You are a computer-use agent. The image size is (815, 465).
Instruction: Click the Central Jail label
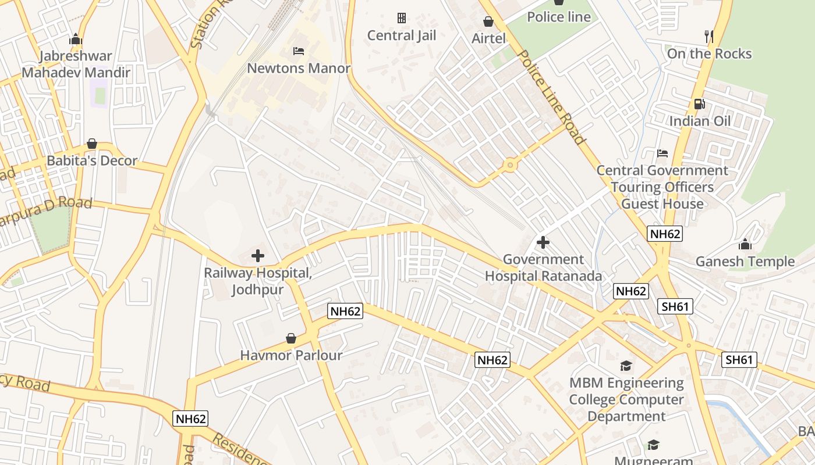pyautogui.click(x=401, y=35)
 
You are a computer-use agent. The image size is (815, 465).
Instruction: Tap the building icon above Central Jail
pyautogui.click(x=401, y=18)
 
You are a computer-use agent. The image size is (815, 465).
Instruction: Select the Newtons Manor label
pyautogui.click(x=299, y=68)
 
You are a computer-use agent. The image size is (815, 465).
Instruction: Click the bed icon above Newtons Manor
pyautogui.click(x=299, y=51)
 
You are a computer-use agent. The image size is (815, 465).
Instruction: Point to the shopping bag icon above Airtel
pyautogui.click(x=488, y=22)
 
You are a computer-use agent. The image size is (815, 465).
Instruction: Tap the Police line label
pyautogui.click(x=558, y=17)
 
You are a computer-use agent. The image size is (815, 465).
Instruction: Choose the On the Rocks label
pyautogui.click(x=709, y=53)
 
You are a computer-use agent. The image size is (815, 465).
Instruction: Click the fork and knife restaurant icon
pyautogui.click(x=709, y=37)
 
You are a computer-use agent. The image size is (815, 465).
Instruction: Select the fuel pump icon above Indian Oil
pyautogui.click(x=699, y=104)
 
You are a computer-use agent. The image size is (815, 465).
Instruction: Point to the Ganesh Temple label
pyautogui.click(x=745, y=262)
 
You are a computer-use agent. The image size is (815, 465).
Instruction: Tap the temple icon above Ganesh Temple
pyautogui.click(x=745, y=244)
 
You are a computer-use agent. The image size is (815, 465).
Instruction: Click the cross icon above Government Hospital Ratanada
pyautogui.click(x=543, y=242)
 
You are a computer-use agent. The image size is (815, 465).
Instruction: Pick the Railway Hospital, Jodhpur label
pyautogui.click(x=258, y=281)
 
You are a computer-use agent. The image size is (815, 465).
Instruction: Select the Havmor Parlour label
pyautogui.click(x=291, y=355)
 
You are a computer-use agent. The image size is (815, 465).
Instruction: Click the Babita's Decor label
pyautogui.click(x=92, y=160)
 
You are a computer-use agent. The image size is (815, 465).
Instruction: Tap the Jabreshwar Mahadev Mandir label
pyautogui.click(x=76, y=65)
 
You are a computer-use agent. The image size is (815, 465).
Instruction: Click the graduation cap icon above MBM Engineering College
pyautogui.click(x=626, y=366)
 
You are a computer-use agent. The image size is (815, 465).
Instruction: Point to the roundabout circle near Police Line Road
pyautogui.click(x=511, y=166)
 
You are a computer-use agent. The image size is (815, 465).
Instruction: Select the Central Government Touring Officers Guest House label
pyautogui.click(x=662, y=187)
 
